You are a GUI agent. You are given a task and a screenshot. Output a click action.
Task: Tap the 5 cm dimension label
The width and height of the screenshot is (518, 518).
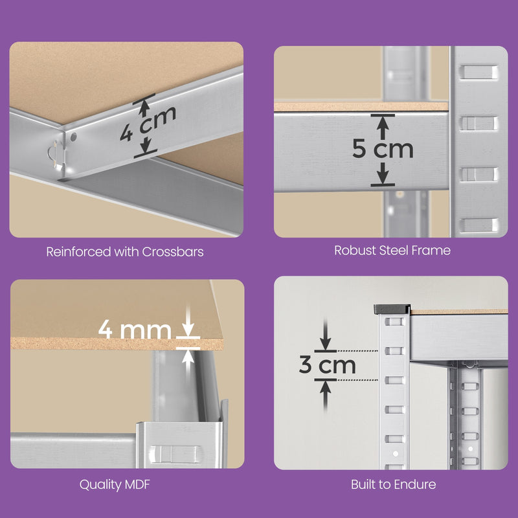[383, 149]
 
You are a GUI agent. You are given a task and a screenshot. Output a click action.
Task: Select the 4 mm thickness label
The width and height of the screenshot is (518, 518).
[135, 330]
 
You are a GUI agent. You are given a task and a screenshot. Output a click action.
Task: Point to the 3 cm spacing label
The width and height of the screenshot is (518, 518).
[328, 365]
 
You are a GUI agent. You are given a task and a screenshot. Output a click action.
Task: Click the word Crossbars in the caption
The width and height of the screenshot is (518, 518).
[175, 251]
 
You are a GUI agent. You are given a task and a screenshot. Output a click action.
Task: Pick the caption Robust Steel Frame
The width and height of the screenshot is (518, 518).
[392, 250]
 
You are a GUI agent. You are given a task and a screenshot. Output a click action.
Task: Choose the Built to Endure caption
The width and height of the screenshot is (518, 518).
[393, 484]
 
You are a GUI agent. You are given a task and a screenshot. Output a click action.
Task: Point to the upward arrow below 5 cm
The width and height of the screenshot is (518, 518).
[383, 174]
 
